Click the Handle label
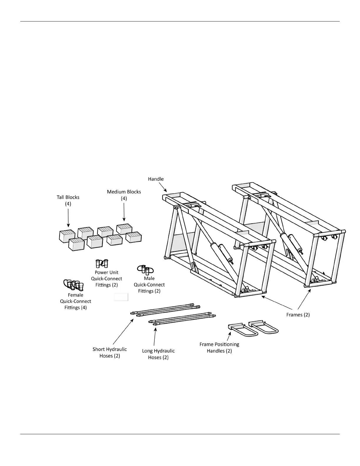156,179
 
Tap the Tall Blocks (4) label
68,200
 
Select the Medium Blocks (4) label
124,195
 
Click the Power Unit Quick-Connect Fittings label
106,279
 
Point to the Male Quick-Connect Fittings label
149,284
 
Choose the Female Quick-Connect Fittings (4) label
76,301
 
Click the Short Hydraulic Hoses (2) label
110,352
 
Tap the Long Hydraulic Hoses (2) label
158,354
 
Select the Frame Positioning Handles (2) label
219,347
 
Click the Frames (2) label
298,315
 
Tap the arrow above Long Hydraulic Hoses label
155,337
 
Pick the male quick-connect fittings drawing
146,269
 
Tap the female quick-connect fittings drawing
74,284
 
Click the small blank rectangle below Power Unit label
121,297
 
